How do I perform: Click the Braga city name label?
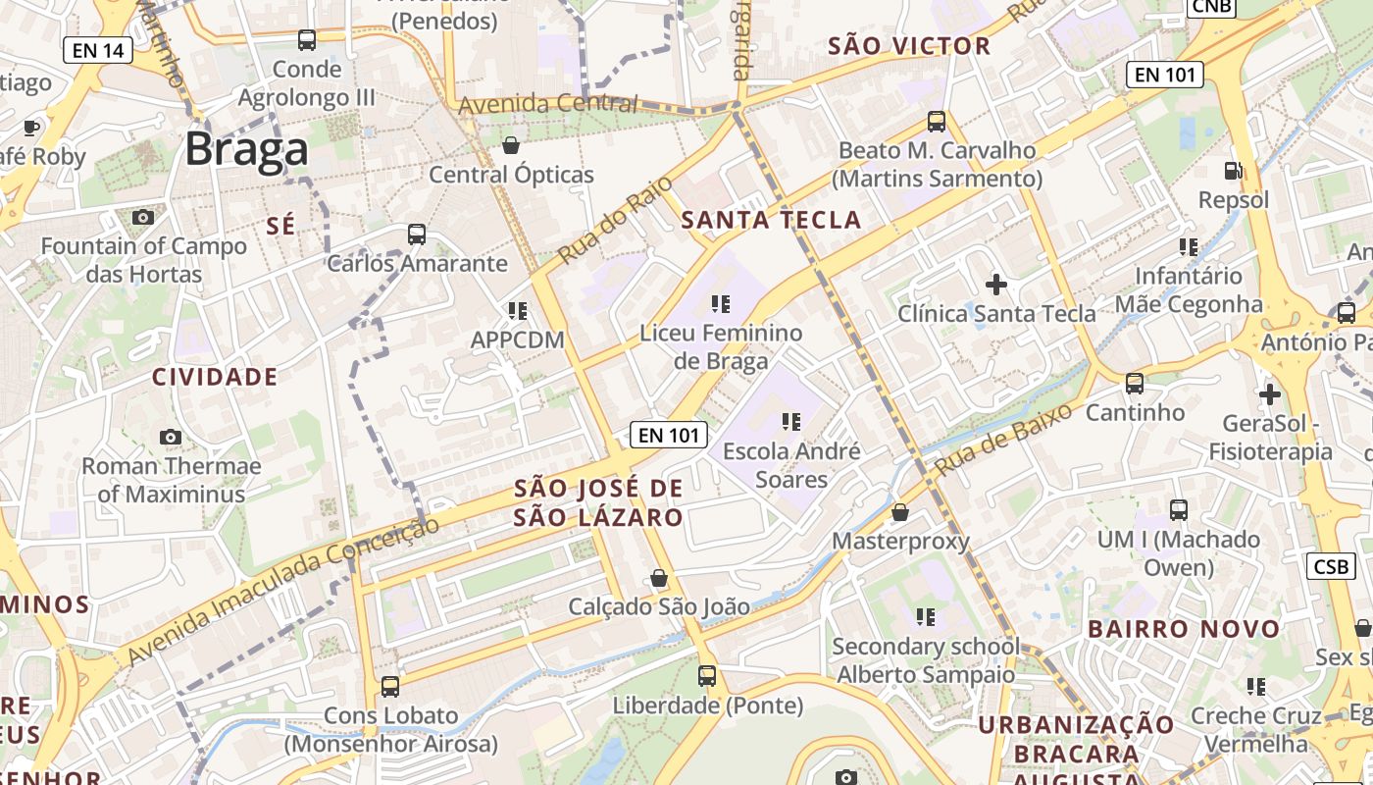tap(246, 150)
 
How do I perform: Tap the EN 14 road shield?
tap(97, 50)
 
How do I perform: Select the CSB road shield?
tap(1331, 566)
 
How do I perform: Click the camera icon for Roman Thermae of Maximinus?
tap(171, 437)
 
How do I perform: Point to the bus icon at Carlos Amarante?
tap(417, 235)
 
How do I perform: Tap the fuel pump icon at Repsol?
tap(1234, 171)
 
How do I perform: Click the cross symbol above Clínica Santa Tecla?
tap(996, 285)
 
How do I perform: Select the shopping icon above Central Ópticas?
tap(511, 146)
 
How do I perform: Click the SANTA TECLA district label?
tap(771, 220)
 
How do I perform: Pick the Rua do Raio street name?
tap(615, 221)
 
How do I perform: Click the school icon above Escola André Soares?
tap(790, 422)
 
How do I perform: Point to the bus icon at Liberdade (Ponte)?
tap(707, 676)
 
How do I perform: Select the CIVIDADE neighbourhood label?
tap(215, 377)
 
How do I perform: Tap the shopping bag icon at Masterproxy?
tap(900, 512)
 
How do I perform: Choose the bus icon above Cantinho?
tap(1135, 383)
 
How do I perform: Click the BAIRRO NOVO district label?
tap(1184, 629)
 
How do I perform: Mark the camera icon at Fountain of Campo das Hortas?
tap(143, 217)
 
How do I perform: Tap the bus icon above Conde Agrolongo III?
tap(307, 40)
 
